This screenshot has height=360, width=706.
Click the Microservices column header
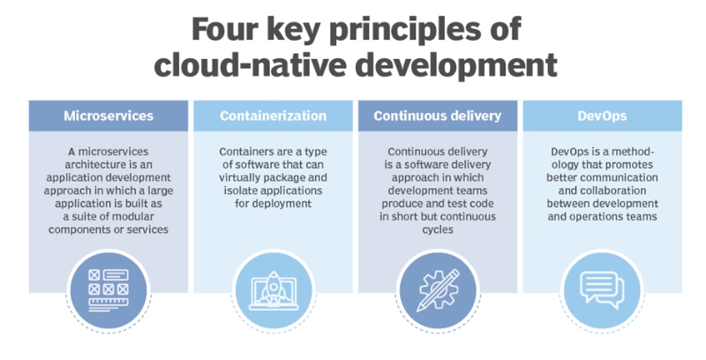coord(109,116)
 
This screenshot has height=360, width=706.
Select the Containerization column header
coord(274,116)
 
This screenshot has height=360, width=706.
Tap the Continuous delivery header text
coord(438,116)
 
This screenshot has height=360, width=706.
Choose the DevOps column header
coord(603,116)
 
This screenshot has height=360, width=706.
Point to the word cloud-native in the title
coord(250,64)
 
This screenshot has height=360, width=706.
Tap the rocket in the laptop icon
coord(274,286)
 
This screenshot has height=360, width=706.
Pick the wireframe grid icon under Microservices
coord(109,290)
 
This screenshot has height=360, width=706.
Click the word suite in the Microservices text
coord(82,216)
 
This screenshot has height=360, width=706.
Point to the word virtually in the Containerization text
coord(238,177)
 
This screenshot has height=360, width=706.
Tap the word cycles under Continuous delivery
coord(438,230)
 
